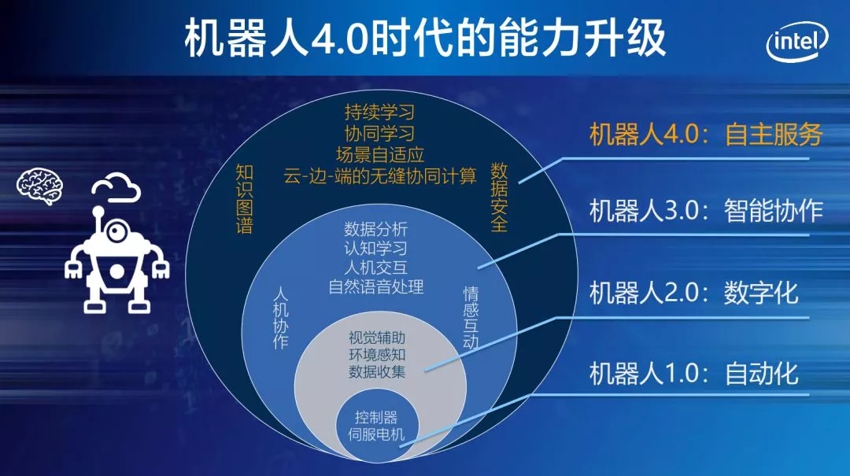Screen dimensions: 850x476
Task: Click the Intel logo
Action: tap(797, 41)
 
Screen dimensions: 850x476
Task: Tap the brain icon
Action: tap(39, 186)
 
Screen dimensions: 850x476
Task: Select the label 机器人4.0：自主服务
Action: tap(706, 134)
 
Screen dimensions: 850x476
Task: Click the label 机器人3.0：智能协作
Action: tap(706, 210)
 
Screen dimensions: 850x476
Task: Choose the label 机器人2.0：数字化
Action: tap(694, 293)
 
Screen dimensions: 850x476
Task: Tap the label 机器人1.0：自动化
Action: tap(694, 374)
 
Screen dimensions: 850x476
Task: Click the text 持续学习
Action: tap(379, 113)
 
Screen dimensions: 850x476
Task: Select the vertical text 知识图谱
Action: tap(245, 199)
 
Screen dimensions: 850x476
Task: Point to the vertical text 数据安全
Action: tap(499, 196)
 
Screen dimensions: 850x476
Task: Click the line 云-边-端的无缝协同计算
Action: tap(380, 175)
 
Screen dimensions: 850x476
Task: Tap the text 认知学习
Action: tap(375, 249)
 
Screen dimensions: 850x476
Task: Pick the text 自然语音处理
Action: tap(375, 286)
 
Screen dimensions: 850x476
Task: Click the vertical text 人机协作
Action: tap(280, 318)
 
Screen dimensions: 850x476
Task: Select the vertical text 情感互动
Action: tap(471, 318)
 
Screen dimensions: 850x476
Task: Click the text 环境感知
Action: tap(377, 355)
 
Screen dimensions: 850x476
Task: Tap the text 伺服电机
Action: tap(376, 434)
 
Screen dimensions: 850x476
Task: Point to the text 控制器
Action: tap(376, 417)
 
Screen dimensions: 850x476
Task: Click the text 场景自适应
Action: tap(379, 154)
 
